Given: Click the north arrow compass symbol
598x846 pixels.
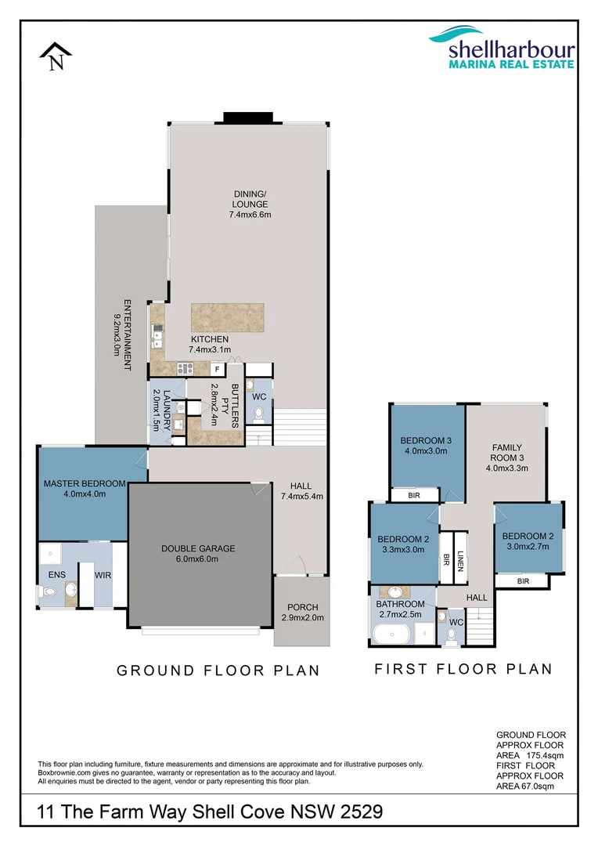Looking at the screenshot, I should [56, 57].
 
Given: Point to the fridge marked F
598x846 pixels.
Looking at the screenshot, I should [217, 368].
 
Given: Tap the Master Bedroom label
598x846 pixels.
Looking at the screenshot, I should [85, 489].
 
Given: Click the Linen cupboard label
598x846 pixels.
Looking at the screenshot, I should [461, 559].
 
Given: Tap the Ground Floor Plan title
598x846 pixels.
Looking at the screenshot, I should [218, 671].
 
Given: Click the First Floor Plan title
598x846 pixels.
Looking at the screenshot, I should [463, 669].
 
